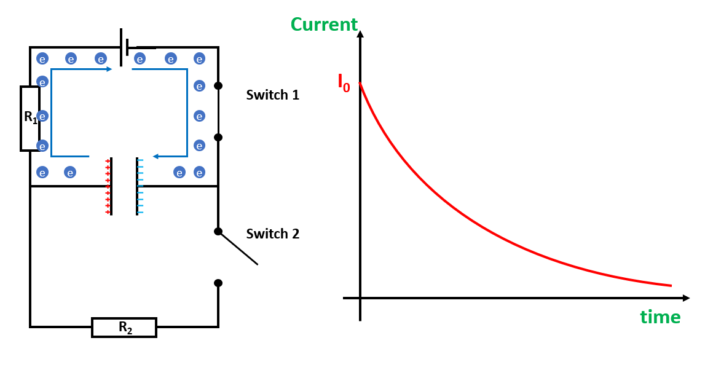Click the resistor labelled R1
click(x=30, y=118)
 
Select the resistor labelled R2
click(x=124, y=327)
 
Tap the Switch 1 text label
click(x=272, y=95)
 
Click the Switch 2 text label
click(x=272, y=234)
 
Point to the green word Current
click(x=324, y=25)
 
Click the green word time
click(x=660, y=317)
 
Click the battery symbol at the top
click(x=125, y=47)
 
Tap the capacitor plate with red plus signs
click(x=111, y=186)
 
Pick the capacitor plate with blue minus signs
click(x=137, y=186)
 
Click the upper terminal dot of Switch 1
click(x=218, y=85)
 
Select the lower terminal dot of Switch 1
click(x=218, y=137)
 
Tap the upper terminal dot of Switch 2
click(x=218, y=231)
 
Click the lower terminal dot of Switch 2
click(x=218, y=283)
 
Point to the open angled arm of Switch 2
click(x=240, y=249)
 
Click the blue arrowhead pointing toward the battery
click(x=109, y=69)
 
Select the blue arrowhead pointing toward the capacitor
click(x=156, y=156)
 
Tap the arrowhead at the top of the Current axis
click(x=360, y=33)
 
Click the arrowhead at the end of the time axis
click(x=686, y=298)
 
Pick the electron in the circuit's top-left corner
click(x=42, y=58)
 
